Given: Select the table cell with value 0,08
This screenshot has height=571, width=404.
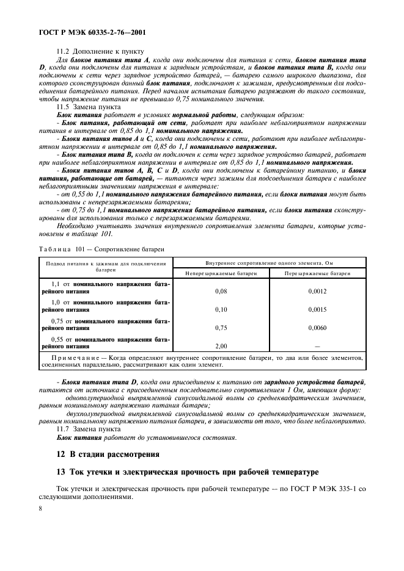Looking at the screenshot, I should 221,291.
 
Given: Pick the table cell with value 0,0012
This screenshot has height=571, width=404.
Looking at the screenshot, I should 317,291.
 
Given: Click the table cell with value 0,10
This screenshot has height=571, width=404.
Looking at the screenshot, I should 221,309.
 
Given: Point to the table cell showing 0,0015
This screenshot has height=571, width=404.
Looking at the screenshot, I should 317,309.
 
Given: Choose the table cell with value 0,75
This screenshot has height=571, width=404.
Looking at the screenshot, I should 221,328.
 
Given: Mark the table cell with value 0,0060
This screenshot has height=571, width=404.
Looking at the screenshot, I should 317,328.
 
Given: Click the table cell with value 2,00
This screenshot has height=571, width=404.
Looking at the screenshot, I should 221,345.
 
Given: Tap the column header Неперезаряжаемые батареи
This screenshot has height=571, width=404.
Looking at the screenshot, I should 221,273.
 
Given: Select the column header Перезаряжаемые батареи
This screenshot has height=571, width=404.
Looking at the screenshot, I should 317,273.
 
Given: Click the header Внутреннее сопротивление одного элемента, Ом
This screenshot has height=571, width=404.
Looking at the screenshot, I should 270,262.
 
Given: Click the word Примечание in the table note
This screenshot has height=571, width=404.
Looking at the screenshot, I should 72,357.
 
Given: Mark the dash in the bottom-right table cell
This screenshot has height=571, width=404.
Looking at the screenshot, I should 317,345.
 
